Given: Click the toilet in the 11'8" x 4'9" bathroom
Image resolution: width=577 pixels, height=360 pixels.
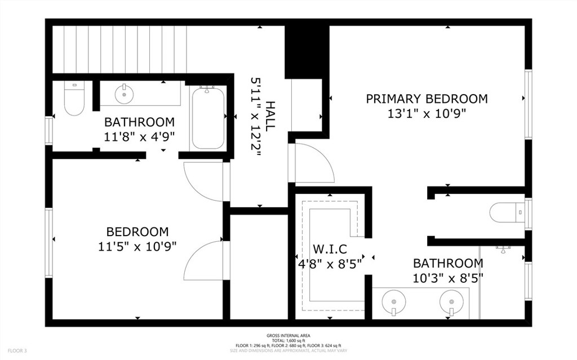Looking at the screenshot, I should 74,100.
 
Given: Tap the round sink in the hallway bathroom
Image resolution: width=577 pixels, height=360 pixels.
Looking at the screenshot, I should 124,94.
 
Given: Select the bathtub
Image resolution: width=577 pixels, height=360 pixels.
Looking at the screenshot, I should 207,118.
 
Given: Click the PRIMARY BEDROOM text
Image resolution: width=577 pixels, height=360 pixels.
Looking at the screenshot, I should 427,99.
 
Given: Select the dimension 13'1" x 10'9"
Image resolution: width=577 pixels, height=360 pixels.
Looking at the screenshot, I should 427,113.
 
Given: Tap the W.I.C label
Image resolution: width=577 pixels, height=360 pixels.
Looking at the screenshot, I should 330,248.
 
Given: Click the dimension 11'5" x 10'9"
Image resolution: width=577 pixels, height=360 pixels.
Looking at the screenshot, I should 137,246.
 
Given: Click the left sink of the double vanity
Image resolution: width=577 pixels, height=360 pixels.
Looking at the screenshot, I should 393,303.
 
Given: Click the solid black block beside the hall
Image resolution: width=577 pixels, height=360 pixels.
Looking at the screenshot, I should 307,51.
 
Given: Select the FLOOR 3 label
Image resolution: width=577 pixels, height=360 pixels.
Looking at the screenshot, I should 14,351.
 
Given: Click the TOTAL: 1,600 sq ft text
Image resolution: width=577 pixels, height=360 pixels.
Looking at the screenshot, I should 288,340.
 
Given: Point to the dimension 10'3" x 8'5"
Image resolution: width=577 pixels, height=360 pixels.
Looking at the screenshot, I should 448,277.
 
